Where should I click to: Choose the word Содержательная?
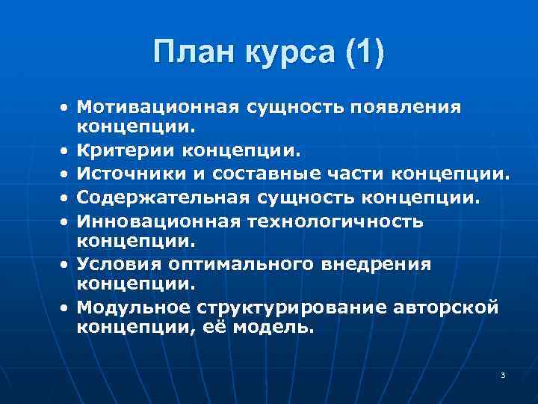(x=162, y=198)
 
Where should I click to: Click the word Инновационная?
(x=155, y=221)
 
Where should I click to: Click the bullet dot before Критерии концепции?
(x=67, y=152)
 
